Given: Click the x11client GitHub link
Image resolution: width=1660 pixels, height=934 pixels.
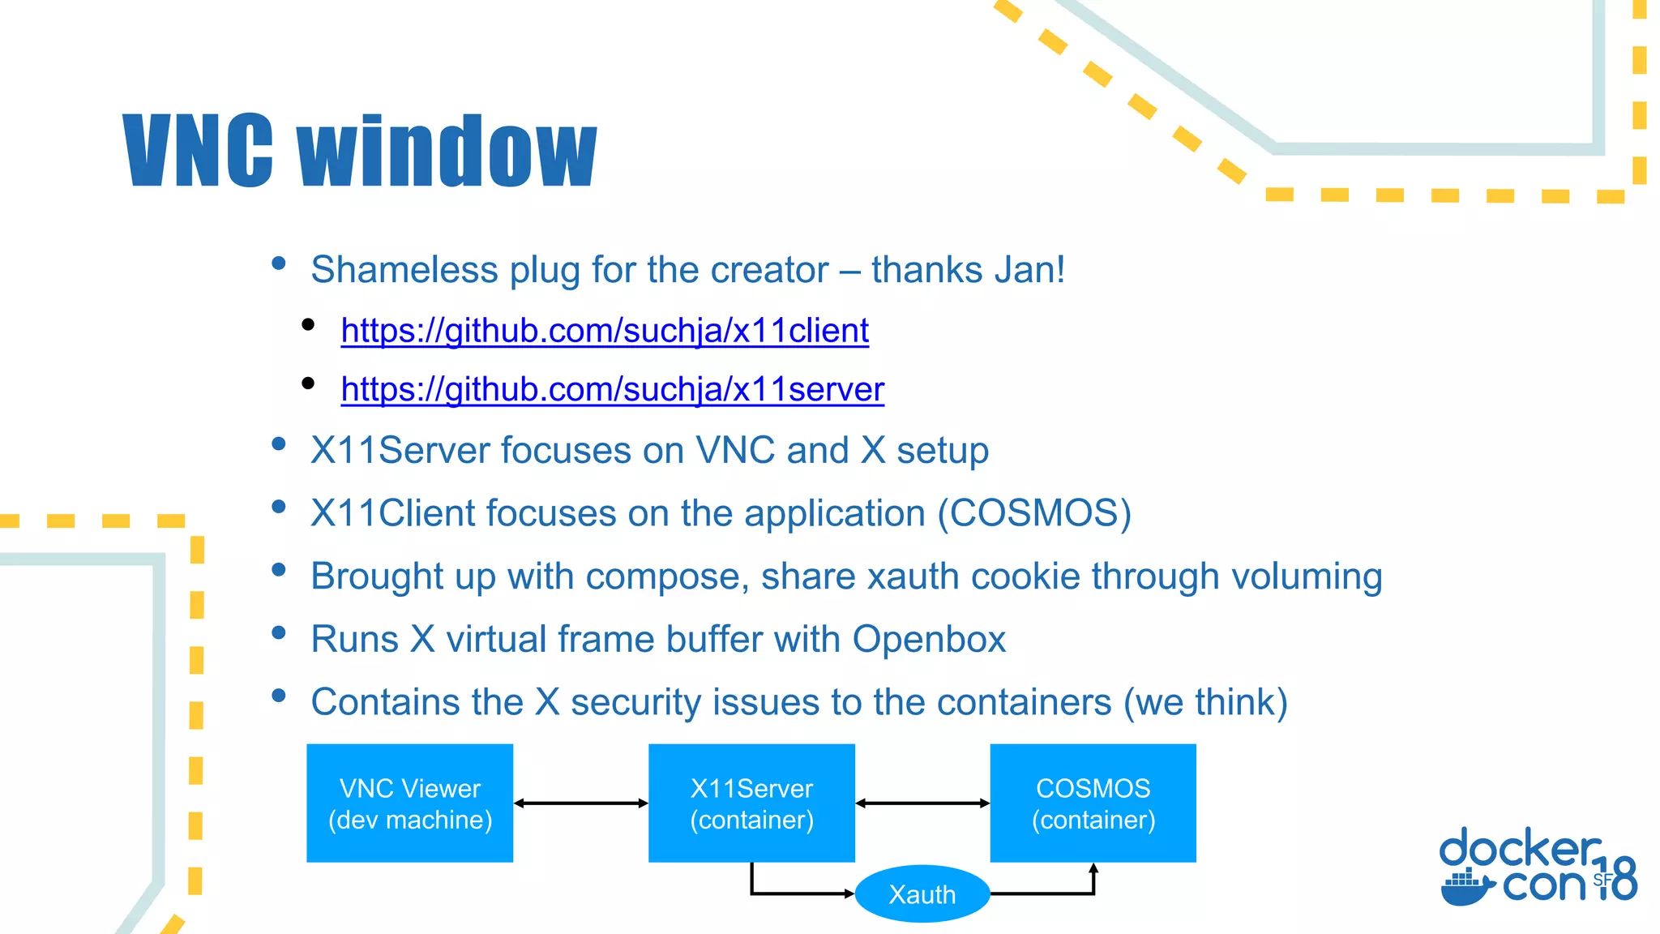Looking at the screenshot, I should [605, 331].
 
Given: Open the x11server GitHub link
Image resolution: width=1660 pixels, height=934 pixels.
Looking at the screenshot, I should [612, 390].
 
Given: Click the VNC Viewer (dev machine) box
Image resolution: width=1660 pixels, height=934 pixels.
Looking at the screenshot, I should [410, 803].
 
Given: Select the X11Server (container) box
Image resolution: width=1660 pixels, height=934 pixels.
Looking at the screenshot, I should [751, 803].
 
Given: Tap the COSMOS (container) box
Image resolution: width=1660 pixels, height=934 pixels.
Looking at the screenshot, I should [1093, 803].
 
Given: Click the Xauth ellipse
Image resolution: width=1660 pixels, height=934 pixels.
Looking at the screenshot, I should [922, 894].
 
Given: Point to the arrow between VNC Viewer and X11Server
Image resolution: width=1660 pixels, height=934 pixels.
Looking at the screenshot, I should [581, 803].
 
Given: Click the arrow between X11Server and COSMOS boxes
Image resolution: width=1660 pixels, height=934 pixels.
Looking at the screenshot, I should [922, 803].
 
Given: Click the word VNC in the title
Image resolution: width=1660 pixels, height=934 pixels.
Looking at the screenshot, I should [199, 152].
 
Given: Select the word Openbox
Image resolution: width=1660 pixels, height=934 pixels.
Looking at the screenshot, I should [929, 640].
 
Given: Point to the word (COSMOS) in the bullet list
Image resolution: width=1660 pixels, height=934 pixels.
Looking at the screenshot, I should [1034, 514].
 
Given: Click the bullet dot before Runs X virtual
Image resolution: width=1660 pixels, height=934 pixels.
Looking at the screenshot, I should [279, 632].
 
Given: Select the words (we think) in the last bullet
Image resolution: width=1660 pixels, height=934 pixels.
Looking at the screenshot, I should [1205, 702].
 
